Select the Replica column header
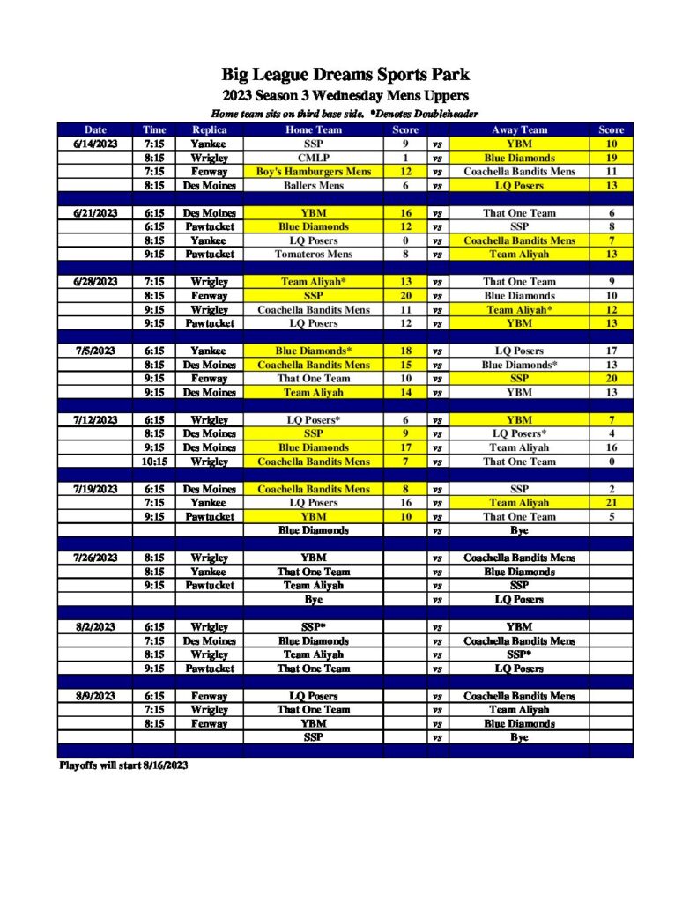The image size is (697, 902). (209, 129)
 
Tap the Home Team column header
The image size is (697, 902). (313, 129)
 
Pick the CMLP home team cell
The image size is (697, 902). (313, 158)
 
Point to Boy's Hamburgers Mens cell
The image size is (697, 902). (313, 172)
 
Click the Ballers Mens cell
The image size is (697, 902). (313, 186)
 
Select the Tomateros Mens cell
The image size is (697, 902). (313, 254)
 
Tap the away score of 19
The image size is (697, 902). (611, 158)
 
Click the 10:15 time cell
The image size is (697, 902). (154, 461)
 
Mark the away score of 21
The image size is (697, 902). (611, 503)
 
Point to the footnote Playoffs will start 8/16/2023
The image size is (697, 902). (123, 765)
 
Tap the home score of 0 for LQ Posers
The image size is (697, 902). (405, 240)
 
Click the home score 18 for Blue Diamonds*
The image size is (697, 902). (405, 351)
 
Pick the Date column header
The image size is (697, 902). (94, 129)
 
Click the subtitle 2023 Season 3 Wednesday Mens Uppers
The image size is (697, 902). (345, 95)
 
